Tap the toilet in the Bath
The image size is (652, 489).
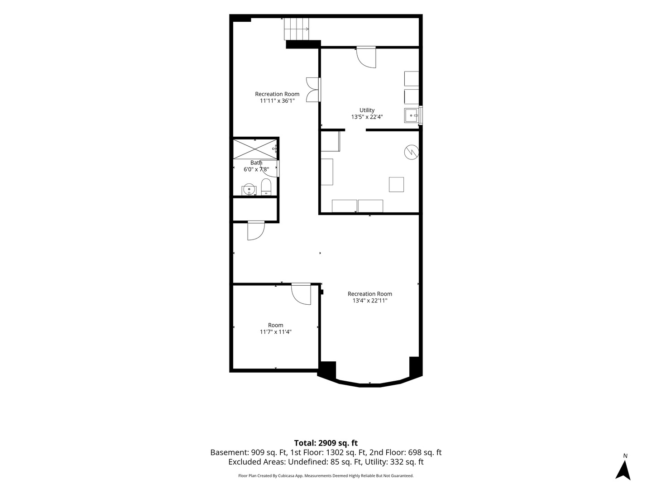[x=266, y=187]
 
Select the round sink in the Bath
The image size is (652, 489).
[x=249, y=189]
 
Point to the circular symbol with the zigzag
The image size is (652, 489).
[x=412, y=152]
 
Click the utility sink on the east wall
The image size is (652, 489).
[x=412, y=115]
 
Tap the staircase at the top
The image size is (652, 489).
[x=297, y=29]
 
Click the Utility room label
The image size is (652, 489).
[x=367, y=110]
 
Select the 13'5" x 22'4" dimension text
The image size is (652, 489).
[x=367, y=117]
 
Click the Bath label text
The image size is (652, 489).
[x=256, y=163]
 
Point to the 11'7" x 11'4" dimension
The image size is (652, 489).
[x=276, y=331]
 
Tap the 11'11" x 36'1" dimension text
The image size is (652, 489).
[x=277, y=101]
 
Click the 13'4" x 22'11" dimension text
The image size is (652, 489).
[x=370, y=301]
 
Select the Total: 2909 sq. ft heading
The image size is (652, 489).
[x=326, y=443]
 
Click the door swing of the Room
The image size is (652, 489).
[x=301, y=294]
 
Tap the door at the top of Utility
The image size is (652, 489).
[x=366, y=57]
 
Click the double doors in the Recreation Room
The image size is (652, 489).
[x=313, y=90]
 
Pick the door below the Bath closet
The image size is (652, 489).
[x=256, y=231]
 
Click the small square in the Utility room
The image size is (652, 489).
[x=396, y=185]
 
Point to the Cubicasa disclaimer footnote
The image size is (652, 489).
[x=326, y=475]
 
